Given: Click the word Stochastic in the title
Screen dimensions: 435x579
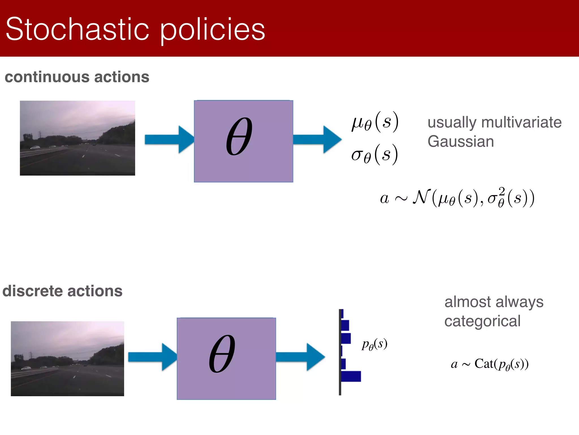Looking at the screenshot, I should [77, 29].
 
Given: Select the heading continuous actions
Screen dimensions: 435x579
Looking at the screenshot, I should [77, 77].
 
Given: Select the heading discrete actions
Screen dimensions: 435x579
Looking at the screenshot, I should [62, 291].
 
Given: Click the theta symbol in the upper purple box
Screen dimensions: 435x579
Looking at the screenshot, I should [239, 136].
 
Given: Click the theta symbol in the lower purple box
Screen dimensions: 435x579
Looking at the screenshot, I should [222, 354].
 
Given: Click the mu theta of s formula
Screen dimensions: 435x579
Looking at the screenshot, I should [375, 122].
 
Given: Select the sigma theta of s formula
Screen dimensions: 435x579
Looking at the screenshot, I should [375, 155].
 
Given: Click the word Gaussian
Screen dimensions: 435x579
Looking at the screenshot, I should [461, 141].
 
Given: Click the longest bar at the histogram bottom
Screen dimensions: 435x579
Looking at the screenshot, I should [351, 376].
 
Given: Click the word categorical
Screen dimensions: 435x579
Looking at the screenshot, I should [482, 321].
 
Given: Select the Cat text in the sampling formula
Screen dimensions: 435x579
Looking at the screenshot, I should [484, 364].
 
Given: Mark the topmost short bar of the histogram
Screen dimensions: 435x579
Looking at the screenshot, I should [342, 314].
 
